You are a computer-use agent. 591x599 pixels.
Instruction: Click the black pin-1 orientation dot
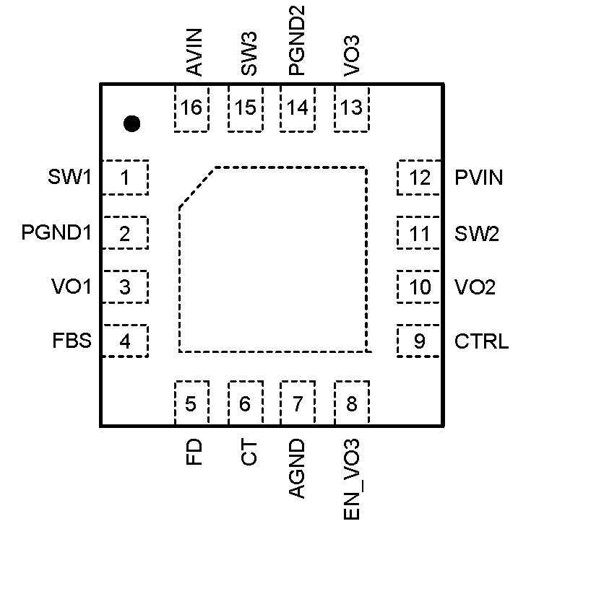click(131, 123)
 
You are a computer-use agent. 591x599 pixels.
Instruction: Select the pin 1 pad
click(125, 178)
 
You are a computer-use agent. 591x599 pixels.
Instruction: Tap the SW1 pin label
click(70, 177)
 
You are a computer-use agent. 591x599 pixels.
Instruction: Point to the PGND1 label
click(56, 233)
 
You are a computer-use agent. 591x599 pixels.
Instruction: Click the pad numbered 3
click(125, 287)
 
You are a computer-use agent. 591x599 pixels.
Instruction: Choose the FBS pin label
click(72, 341)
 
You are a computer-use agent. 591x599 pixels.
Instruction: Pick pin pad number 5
click(191, 404)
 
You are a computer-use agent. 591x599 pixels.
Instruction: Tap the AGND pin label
click(297, 468)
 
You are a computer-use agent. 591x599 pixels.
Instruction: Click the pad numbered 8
click(352, 404)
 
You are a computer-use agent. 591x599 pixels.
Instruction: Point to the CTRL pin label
click(481, 341)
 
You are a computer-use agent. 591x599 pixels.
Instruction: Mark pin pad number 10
click(419, 287)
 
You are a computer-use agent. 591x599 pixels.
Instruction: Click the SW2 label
click(476, 234)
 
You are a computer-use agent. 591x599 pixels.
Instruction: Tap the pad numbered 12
click(419, 178)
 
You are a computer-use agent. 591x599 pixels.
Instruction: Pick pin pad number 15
click(246, 108)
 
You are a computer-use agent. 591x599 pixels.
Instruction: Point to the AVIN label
click(193, 52)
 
